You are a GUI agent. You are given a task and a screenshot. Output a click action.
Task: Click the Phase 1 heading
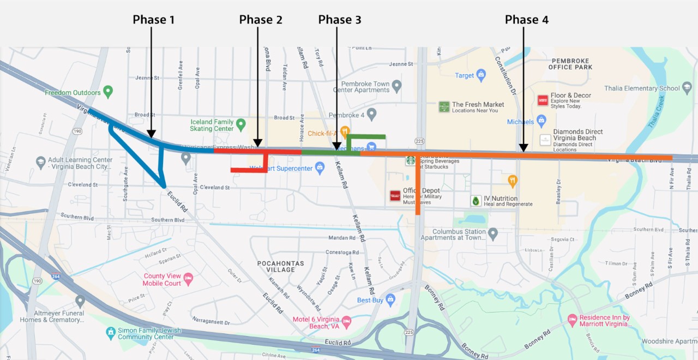point(154,20)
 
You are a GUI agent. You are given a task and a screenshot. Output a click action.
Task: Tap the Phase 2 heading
point(261,20)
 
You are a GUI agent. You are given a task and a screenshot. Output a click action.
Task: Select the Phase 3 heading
point(340,20)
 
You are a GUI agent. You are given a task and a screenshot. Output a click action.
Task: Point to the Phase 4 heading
point(526,20)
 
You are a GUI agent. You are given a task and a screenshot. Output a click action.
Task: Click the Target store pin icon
point(480,74)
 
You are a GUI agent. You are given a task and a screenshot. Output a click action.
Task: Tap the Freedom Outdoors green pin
point(108,91)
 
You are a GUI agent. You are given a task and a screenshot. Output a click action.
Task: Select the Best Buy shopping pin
point(390,299)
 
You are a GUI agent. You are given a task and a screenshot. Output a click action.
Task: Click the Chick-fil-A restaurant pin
point(345,131)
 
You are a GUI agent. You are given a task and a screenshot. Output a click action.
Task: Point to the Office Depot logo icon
point(395,196)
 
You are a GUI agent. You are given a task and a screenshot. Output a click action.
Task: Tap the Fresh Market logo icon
point(444,106)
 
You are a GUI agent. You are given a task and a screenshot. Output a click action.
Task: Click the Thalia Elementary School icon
point(687,87)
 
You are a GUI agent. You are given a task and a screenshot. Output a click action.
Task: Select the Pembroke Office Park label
point(571,64)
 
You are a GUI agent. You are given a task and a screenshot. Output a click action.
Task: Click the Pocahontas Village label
point(281,267)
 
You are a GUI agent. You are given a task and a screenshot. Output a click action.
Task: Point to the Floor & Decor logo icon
point(543,100)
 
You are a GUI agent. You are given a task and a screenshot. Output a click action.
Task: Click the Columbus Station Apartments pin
point(493,233)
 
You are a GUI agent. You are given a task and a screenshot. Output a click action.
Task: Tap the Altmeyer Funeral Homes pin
point(80,301)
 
